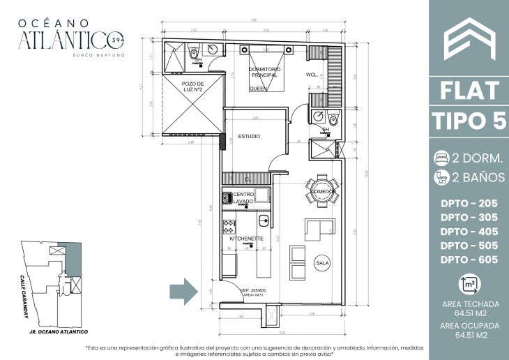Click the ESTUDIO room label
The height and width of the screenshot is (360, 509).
[x=249, y=137]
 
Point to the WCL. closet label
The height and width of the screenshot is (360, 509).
[x=312, y=75]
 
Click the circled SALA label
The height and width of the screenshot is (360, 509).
[x=322, y=263]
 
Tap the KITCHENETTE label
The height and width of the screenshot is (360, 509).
[x=246, y=239]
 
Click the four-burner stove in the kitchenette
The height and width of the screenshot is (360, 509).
[x=228, y=226]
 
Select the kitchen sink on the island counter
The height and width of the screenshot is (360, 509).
[x=264, y=221]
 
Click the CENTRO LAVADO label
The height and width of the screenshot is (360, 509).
[x=243, y=197]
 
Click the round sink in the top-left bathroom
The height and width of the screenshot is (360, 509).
[x=212, y=49]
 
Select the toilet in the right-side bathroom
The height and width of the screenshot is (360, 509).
[x=333, y=119]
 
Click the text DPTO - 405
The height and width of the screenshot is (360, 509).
[x=469, y=231]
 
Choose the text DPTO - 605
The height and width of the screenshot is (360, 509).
[x=469, y=260]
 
